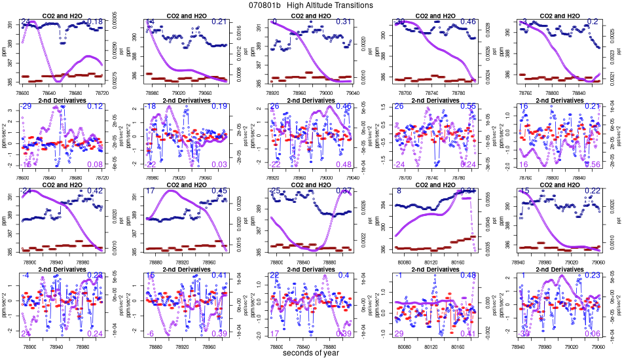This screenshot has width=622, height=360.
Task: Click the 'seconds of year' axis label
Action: point(311,353)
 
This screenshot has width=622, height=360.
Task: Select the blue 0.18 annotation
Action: point(95,22)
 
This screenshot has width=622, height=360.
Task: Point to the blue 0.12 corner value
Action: point(95,107)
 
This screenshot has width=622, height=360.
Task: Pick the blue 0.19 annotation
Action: point(219,107)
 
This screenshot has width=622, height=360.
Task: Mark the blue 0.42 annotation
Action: point(95,191)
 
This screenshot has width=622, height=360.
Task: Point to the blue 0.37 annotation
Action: point(343,191)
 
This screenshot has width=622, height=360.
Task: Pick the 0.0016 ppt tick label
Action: point(240,28)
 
